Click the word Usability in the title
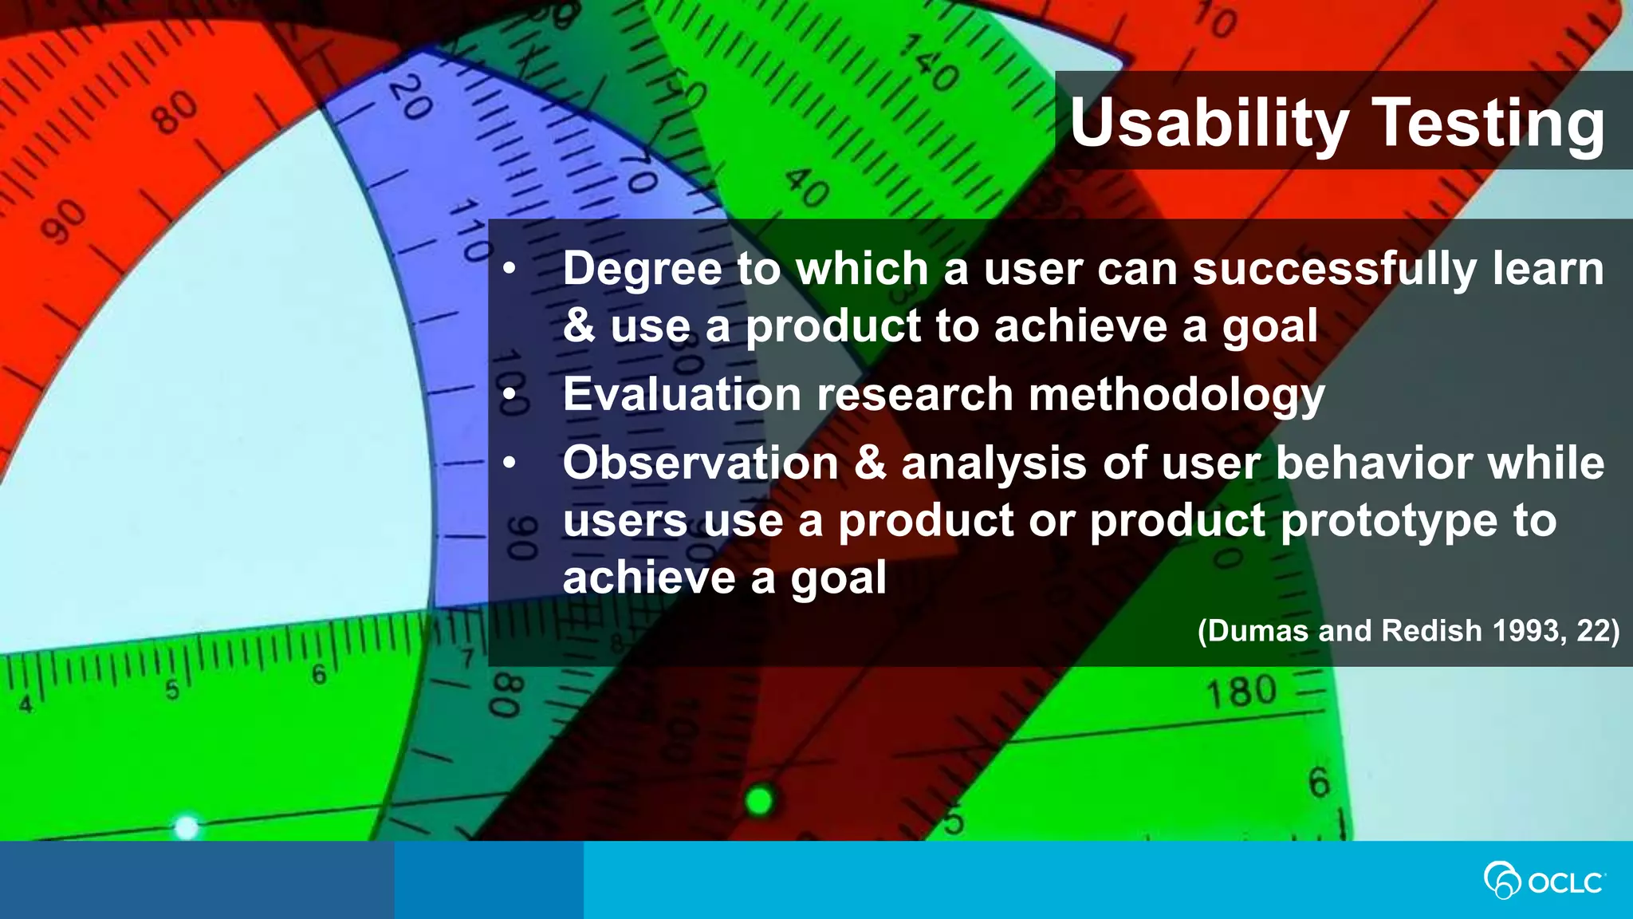pyautogui.click(x=1207, y=123)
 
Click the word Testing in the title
pyautogui.click(x=1489, y=123)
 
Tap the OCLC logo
pyautogui.click(x=1544, y=881)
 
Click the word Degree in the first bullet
pyautogui.click(x=642, y=269)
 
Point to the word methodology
pyautogui.click(x=1176, y=394)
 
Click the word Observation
pyautogui.click(x=700, y=463)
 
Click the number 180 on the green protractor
pyautogui.click(x=1241, y=692)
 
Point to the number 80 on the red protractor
pyautogui.click(x=175, y=113)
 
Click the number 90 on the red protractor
pyautogui.click(x=64, y=222)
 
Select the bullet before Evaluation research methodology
pyautogui.click(x=510, y=394)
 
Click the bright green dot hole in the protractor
pyautogui.click(x=759, y=799)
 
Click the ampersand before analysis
pyautogui.click(x=870, y=463)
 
